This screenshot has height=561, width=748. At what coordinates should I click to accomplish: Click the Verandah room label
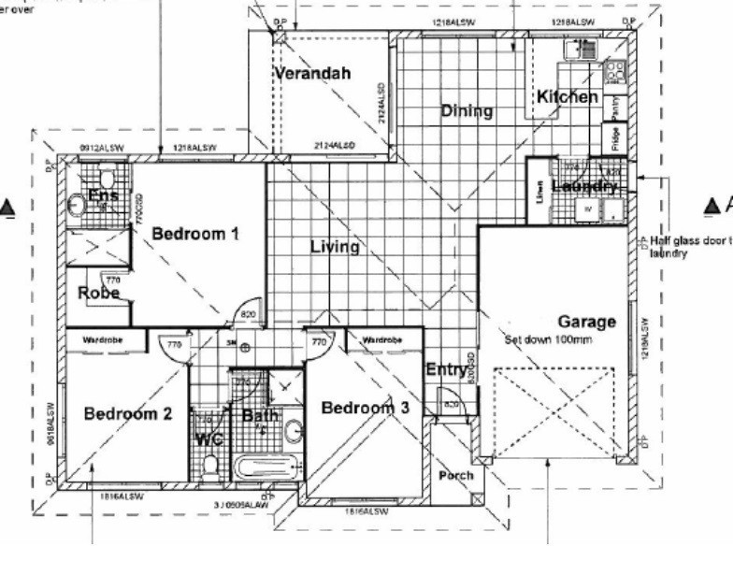click(318, 74)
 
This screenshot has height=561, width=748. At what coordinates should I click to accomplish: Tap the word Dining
click(466, 111)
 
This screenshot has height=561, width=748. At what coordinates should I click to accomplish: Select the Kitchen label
click(567, 96)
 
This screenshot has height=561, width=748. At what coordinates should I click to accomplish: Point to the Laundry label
click(585, 187)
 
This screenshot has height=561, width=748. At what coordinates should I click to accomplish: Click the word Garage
click(587, 323)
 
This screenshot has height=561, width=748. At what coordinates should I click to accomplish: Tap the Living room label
click(335, 247)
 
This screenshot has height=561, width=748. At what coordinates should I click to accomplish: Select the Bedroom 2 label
click(128, 413)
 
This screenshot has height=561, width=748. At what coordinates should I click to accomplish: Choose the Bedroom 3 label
click(365, 408)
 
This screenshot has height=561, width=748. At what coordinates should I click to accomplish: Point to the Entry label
click(445, 370)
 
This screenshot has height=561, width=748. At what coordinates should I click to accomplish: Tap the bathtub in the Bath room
click(268, 467)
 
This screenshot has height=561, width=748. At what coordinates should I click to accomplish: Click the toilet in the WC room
click(212, 464)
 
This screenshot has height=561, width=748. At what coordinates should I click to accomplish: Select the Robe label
click(96, 293)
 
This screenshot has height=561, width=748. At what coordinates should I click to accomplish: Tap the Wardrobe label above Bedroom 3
click(382, 339)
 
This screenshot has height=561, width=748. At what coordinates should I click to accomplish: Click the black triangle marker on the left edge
click(8, 207)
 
